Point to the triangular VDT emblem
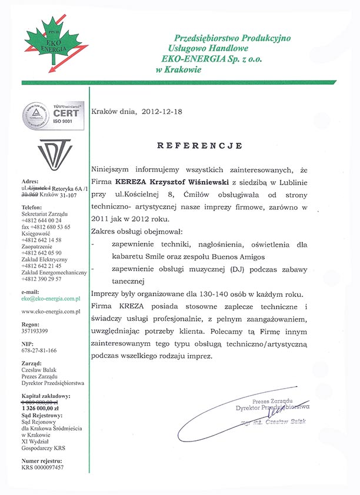pyautogui.click(x=55, y=152)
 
